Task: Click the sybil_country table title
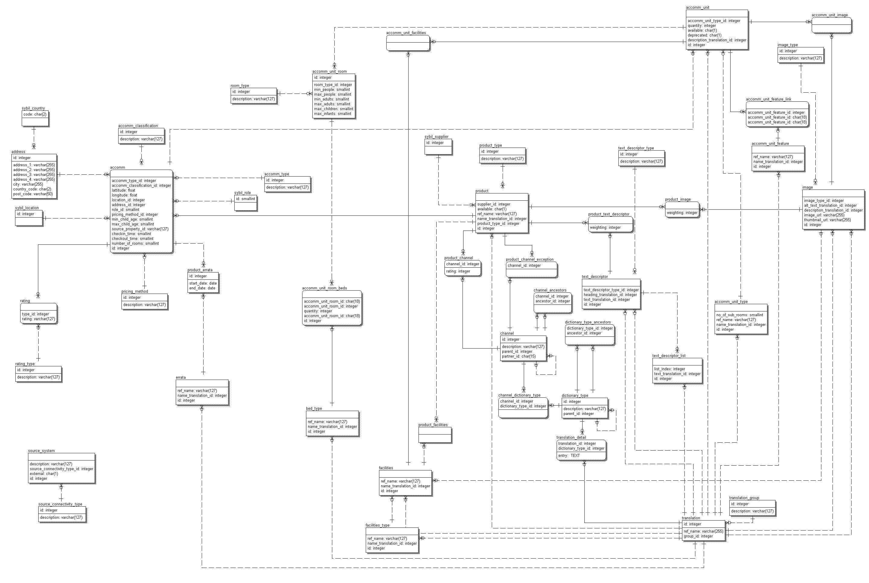click(33, 108)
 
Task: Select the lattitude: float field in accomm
click(123, 190)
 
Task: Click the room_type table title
click(240, 85)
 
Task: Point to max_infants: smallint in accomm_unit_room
click(332, 114)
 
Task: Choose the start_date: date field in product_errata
click(203, 283)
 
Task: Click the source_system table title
click(41, 451)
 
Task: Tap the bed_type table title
click(314, 408)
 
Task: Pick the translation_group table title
click(744, 498)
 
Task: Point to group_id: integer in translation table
click(698, 536)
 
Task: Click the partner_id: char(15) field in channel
click(519, 356)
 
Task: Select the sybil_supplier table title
click(436, 136)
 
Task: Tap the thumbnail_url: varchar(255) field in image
click(827, 220)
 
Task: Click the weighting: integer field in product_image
click(682, 213)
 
